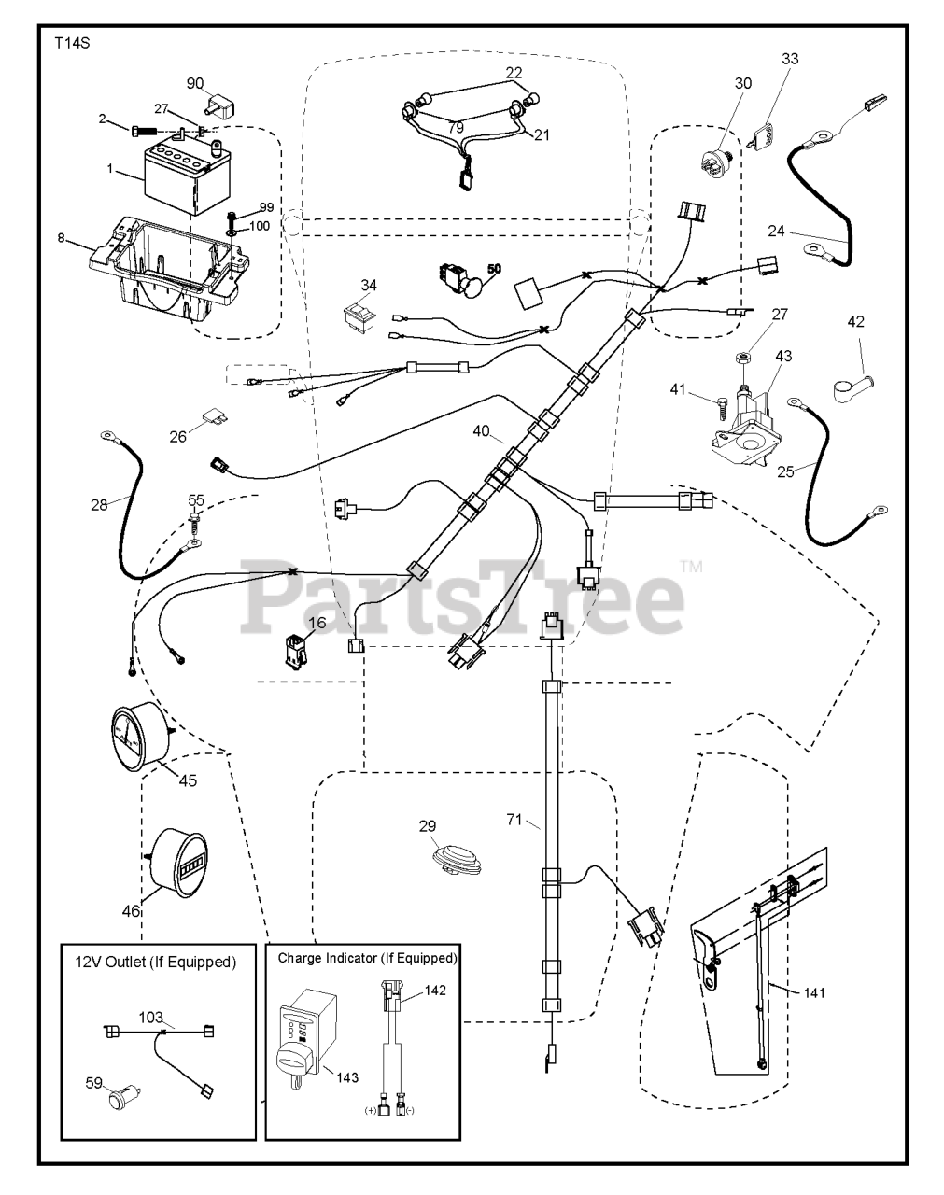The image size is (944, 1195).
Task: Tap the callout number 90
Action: pyautogui.click(x=195, y=83)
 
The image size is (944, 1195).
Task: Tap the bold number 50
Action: pyautogui.click(x=493, y=268)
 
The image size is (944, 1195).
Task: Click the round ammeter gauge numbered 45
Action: pyautogui.click(x=139, y=732)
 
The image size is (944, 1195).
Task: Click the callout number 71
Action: pyautogui.click(x=514, y=819)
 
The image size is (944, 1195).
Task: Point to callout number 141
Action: pyautogui.click(x=813, y=992)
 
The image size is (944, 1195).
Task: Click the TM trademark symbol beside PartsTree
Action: pyautogui.click(x=691, y=566)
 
